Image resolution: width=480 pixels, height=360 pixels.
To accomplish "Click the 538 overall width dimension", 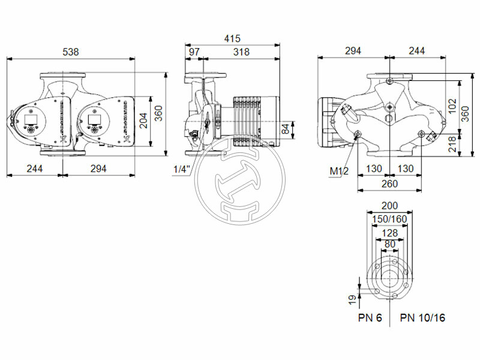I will [x=71, y=52].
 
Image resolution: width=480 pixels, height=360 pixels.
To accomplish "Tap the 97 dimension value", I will [x=194, y=52].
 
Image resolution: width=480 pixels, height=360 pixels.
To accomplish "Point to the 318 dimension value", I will [x=241, y=52].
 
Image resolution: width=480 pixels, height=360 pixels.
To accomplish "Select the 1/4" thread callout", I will [x=181, y=169].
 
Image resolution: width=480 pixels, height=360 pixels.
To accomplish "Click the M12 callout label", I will [x=339, y=172].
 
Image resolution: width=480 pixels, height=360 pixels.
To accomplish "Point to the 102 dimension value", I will [x=452, y=106].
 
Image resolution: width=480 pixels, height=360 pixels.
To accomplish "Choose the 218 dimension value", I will [x=452, y=143].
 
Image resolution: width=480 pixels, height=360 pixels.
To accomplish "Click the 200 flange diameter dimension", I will [x=389, y=205].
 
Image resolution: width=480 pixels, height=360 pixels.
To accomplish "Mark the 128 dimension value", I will [x=389, y=232].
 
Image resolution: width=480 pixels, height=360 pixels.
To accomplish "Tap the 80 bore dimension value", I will [x=389, y=244].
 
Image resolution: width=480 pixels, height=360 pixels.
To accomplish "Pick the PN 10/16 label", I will [x=422, y=317].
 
